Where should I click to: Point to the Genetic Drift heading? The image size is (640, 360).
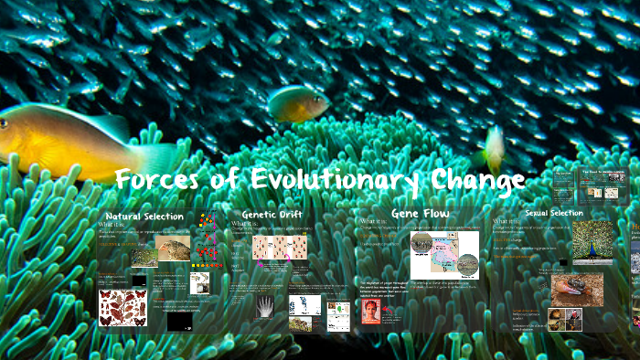pyautogui.click(x=272, y=214)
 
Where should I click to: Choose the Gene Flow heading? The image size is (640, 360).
pyautogui.click(x=420, y=212)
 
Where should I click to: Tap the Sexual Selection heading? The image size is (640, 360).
pyautogui.click(x=554, y=213)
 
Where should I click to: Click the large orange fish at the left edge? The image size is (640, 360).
pyautogui.click(x=69, y=142)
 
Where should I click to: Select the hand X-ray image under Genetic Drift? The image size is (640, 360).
pyautogui.click(x=266, y=306)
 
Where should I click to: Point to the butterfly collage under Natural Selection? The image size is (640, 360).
pyautogui.click(x=123, y=307)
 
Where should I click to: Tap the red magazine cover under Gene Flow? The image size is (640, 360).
pyautogui.click(x=371, y=312)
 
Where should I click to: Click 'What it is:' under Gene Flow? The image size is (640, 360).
pyautogui.click(x=377, y=222)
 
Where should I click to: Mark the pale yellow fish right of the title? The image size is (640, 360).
pyautogui.click(x=494, y=146)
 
